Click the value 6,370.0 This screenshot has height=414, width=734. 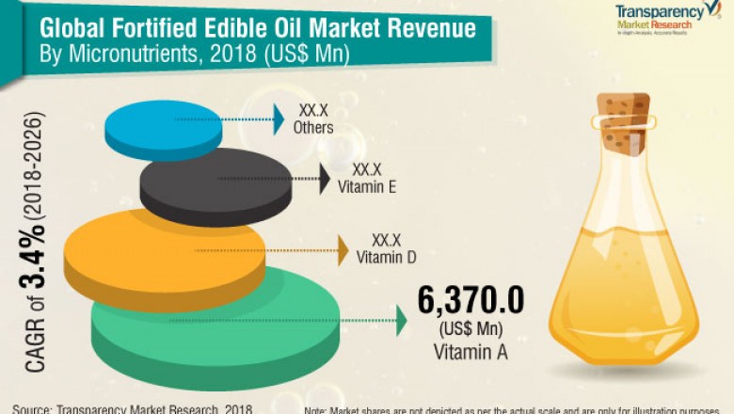point(470,304)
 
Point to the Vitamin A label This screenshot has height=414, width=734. point(470,353)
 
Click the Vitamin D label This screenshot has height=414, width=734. point(385,255)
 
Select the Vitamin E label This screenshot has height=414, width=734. point(366,187)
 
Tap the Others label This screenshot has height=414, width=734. point(312,127)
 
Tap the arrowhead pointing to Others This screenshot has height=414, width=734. point(279,118)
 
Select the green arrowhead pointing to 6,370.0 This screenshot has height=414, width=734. point(402,322)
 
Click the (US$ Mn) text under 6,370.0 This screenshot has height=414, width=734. point(470,331)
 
